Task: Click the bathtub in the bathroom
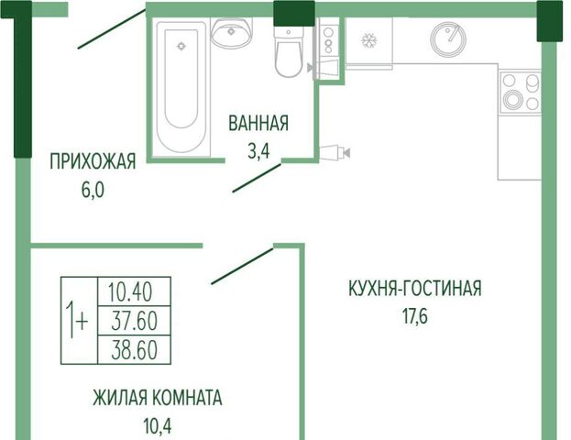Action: tap(181, 87)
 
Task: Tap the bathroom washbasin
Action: tap(231, 33)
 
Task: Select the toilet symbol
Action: tap(289, 52)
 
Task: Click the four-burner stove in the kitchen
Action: tap(521, 92)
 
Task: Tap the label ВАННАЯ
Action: tap(258, 124)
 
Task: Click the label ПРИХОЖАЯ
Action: tap(93, 161)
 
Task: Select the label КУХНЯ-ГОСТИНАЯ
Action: tap(415, 288)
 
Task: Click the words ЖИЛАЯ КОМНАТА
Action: tap(158, 398)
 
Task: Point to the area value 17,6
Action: tap(415, 316)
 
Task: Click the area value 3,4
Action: tap(258, 151)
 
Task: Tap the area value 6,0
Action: tap(93, 190)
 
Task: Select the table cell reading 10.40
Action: tap(134, 291)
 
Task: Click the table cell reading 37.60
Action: tap(134, 321)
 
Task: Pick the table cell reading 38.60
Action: tap(134, 349)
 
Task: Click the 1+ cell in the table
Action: tap(80, 321)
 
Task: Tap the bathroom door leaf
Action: tap(257, 178)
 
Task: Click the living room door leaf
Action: tap(242, 266)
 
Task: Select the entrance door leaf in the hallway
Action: tap(112, 29)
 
